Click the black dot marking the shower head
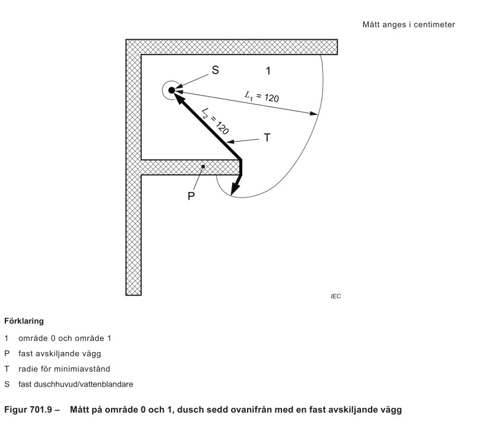172,90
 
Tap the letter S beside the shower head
215,70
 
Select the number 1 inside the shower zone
268,71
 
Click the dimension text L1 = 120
262,97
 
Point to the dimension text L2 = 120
215,121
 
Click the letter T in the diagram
267,138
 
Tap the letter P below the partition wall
191,196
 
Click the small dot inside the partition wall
203,167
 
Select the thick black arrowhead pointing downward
235,189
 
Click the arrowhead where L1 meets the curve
313,113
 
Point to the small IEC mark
335,296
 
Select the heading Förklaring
24,321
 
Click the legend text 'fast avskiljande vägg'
59,354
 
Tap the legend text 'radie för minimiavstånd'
64,369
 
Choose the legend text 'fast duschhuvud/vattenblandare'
76,384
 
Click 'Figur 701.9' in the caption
28,410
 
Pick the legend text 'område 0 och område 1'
65,338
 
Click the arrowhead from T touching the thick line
230,142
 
